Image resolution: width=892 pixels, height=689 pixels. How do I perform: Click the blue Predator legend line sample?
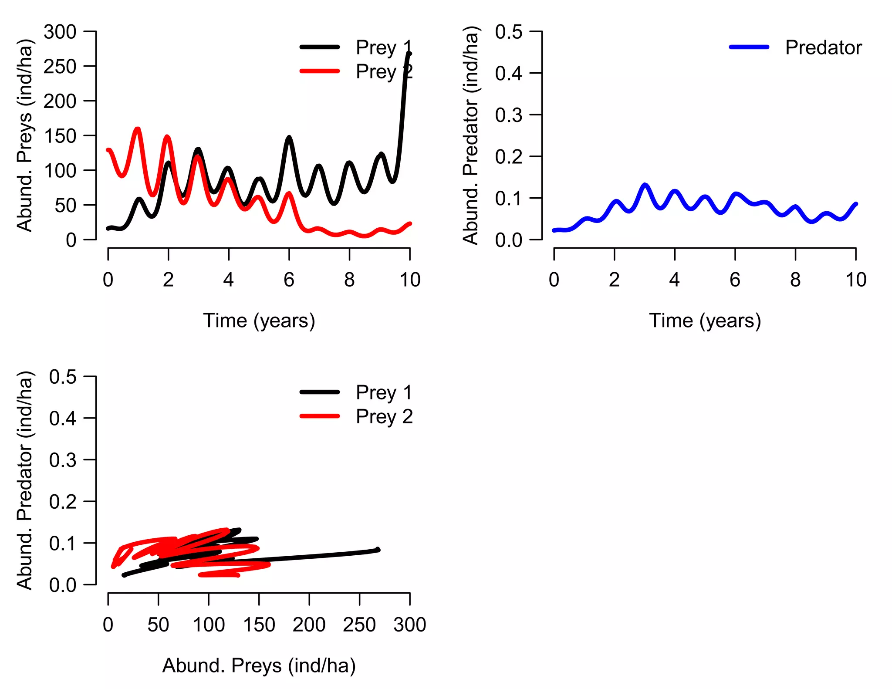pos(749,47)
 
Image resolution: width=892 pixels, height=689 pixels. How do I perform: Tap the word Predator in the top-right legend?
pos(823,47)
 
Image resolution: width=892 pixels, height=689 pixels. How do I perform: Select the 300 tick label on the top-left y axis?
pos(60,32)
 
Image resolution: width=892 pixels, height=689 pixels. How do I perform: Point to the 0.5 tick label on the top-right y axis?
pos(508,32)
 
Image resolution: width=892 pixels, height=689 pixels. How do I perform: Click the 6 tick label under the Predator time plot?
pos(735,280)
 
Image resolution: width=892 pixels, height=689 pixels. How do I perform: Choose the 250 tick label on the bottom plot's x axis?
pos(359,625)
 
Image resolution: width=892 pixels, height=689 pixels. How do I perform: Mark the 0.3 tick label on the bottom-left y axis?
pos(63,460)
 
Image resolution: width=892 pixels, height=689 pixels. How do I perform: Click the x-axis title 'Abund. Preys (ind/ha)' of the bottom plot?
pos(259,665)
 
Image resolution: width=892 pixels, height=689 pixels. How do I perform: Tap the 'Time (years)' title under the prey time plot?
pos(259,321)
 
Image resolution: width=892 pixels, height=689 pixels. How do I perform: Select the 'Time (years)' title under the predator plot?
pos(705,321)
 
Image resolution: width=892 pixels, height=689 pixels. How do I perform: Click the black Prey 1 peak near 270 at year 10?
pos(409,54)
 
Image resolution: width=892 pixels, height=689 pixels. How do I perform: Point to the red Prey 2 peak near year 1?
pos(138,129)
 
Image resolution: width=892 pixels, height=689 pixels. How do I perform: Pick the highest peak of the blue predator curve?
pos(645,185)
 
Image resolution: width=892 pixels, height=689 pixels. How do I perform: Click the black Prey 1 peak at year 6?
pos(289,138)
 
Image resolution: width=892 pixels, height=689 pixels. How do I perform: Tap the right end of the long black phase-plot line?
pos(378,550)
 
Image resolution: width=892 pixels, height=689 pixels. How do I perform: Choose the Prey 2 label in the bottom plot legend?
pos(384,416)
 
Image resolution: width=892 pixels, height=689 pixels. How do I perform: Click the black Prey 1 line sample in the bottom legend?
pos(319,392)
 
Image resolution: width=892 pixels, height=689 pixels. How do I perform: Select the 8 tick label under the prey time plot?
pos(349,280)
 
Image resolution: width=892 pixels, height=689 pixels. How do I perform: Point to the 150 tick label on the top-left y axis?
pos(60,136)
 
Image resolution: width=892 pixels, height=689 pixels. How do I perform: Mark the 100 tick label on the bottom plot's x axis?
pos(209,625)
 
